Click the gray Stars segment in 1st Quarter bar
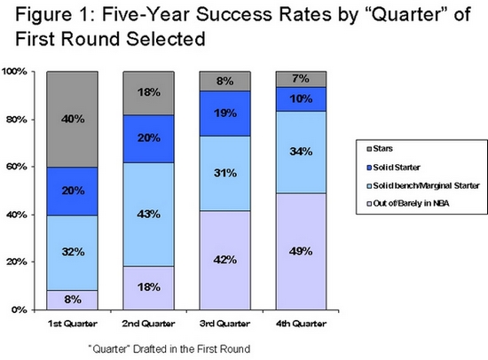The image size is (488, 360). click(72, 119)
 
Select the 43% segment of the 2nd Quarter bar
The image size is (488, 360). click(148, 214)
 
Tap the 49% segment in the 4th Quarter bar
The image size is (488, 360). click(301, 252)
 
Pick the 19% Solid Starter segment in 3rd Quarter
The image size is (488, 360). click(225, 113)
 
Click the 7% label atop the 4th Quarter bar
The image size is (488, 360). click(301, 78)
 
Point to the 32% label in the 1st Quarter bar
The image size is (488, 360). click(73, 252)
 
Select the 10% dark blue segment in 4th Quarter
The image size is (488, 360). click(301, 99)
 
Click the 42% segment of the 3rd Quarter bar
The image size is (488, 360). click(225, 260)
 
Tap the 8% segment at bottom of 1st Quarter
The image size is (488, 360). click(72, 300)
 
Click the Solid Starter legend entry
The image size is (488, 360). click(393, 168)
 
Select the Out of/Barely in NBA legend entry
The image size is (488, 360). click(408, 203)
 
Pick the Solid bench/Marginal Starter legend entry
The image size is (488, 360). click(423, 185)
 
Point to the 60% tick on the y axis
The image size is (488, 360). click(33, 167)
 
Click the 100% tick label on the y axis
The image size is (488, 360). click(14, 72)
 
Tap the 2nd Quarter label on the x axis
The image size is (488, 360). click(148, 324)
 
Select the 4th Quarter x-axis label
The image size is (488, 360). click(301, 324)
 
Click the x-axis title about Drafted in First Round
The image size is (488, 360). click(169, 348)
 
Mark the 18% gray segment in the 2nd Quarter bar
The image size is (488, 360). click(148, 93)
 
